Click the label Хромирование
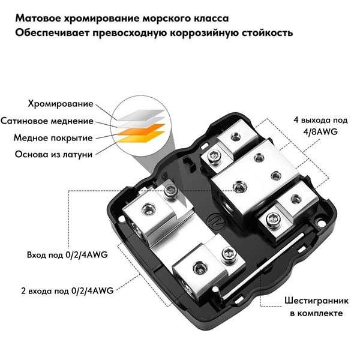click(x=61, y=104)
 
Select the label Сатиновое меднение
click(x=47, y=121)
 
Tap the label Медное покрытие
click(x=53, y=138)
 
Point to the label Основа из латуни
click(x=54, y=154)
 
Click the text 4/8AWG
click(x=320, y=132)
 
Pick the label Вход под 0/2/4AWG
click(x=67, y=255)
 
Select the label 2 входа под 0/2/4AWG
click(x=67, y=291)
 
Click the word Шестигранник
click(x=317, y=301)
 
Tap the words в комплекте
click(x=316, y=313)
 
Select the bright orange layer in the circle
click(x=141, y=129)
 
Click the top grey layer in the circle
click(x=142, y=115)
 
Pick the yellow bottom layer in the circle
click(x=141, y=137)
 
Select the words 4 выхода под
click(x=320, y=121)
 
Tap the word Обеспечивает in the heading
click(x=52, y=33)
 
